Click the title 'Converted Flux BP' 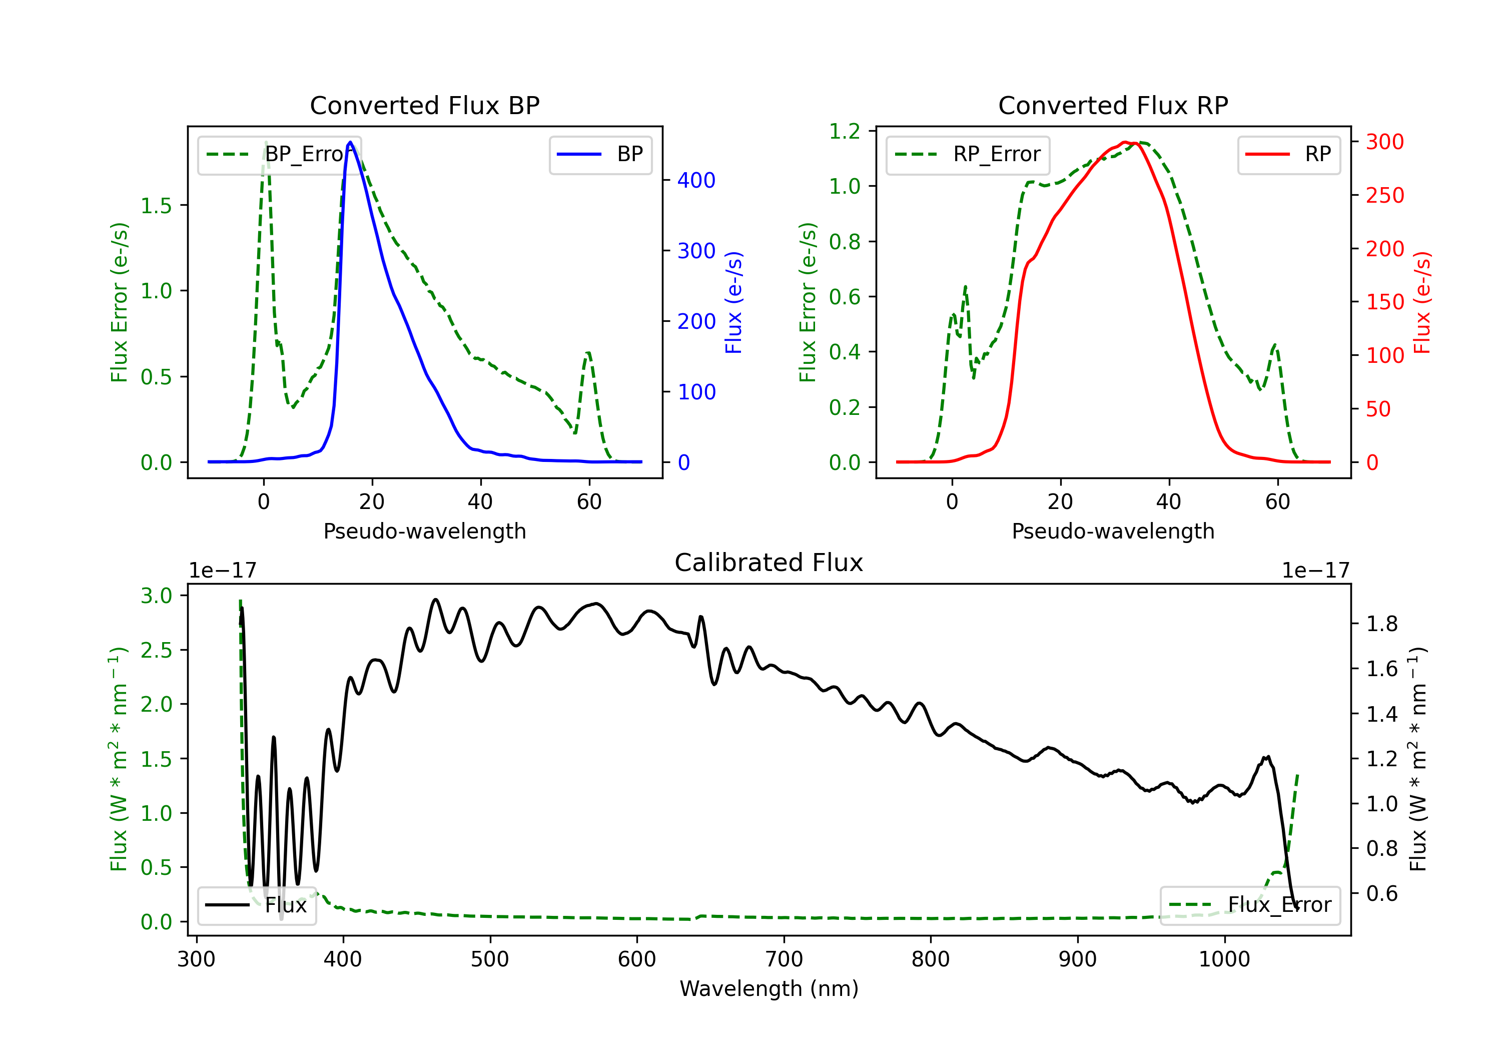point(424,105)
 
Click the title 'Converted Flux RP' point(1113,105)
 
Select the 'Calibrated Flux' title point(769,563)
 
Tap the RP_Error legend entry point(968,154)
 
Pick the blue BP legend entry point(600,154)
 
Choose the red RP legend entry point(1288,154)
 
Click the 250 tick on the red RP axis point(1384,196)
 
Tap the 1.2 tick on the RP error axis point(845,132)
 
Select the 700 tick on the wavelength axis point(784,959)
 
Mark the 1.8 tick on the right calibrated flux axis point(1382,624)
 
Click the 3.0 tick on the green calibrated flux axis point(156,596)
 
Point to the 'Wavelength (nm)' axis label point(769,988)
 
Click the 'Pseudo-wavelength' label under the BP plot point(424,531)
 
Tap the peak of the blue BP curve point(350,142)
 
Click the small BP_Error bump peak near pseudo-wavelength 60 point(588,353)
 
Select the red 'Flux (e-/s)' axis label point(1422,303)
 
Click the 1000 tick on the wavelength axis point(1224,959)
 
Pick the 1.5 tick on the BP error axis point(156,205)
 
